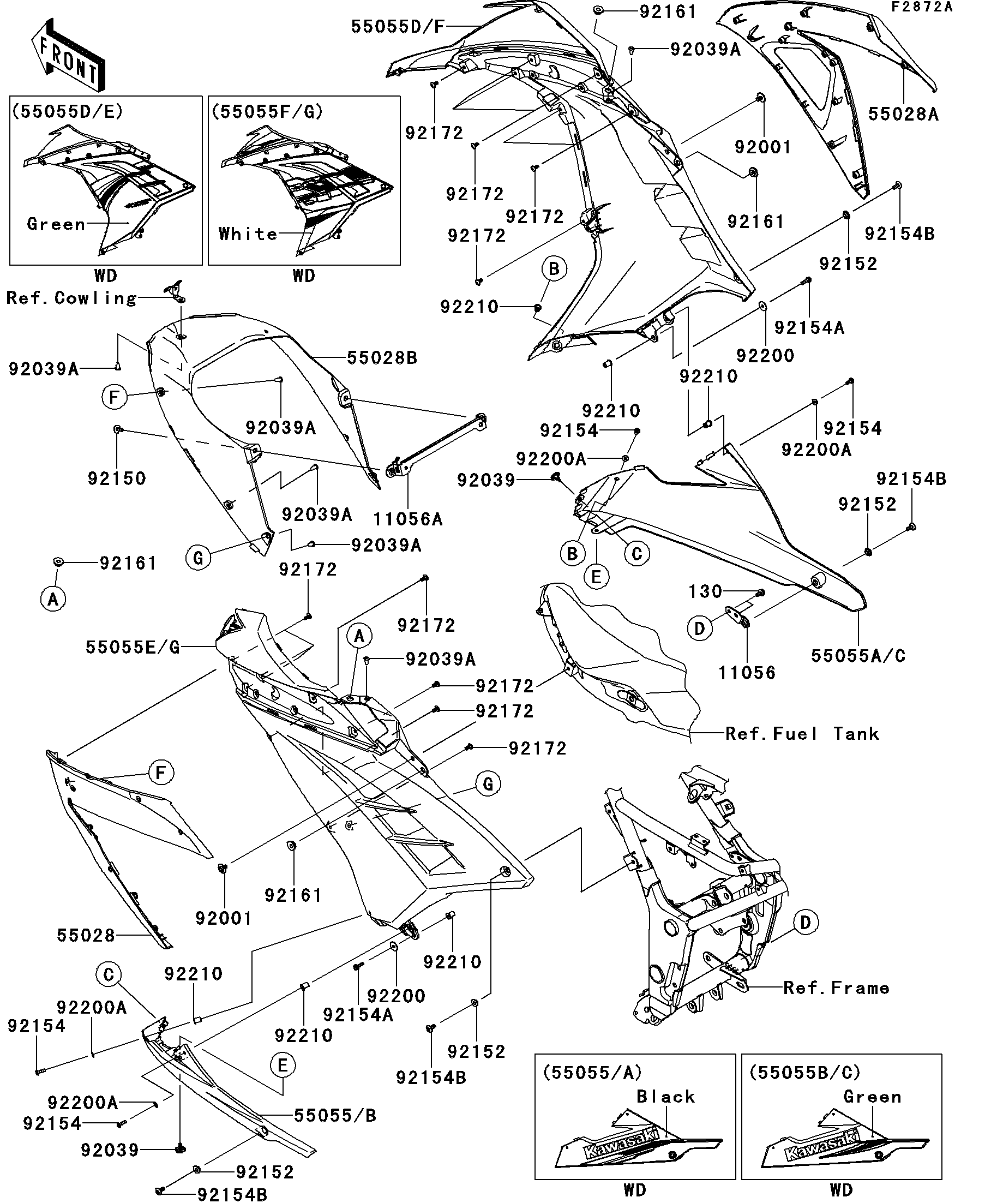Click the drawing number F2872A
[921, 7]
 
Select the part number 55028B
[382, 358]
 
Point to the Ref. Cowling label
[71, 298]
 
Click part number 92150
[117, 478]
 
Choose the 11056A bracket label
[408, 519]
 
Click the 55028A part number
[903, 114]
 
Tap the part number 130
[706, 591]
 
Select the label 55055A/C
[858, 655]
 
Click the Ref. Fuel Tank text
[802, 733]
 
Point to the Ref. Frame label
[836, 987]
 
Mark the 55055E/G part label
[133, 647]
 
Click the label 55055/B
[335, 1115]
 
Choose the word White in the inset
[248, 234]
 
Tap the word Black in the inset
[665, 1096]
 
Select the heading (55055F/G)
[267, 111]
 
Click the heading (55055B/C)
[804, 1072]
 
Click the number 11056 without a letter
[747, 673]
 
